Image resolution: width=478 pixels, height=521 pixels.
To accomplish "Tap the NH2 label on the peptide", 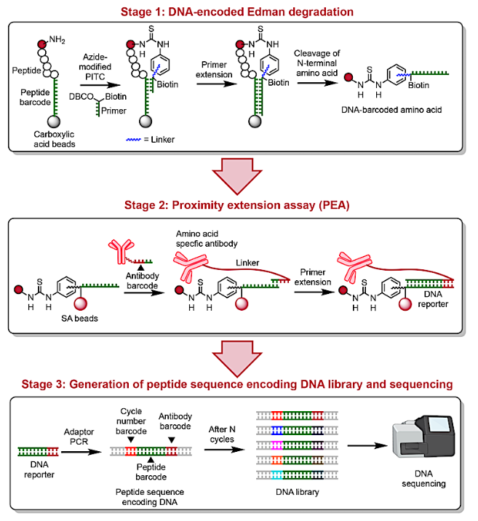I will [x=67, y=29].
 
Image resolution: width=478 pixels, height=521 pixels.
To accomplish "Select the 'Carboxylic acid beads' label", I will [x=55, y=138].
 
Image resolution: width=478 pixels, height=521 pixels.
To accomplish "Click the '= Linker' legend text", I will [x=157, y=139].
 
